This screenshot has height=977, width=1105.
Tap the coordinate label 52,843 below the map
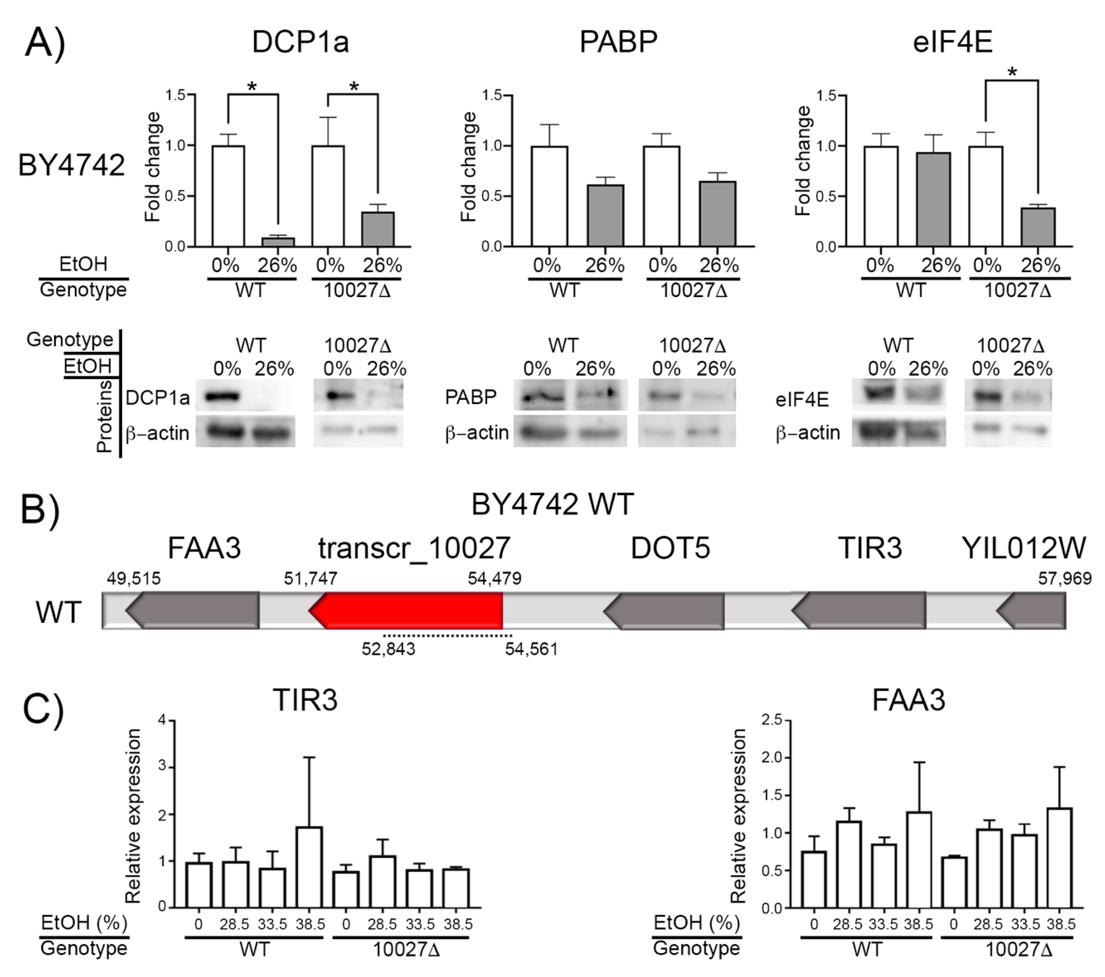[388, 649]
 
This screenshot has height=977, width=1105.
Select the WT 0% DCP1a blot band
[222, 397]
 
